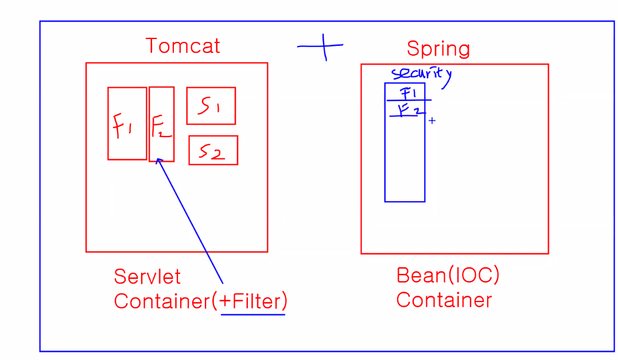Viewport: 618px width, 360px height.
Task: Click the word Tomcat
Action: [x=182, y=46]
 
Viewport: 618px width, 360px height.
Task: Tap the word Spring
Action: [x=438, y=48]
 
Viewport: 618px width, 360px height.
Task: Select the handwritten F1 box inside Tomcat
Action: [x=127, y=123]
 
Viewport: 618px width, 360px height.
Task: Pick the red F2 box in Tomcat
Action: [x=161, y=124]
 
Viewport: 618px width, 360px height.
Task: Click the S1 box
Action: [x=211, y=106]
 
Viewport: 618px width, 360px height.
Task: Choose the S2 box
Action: [x=213, y=150]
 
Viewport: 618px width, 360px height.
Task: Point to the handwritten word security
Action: [x=420, y=73]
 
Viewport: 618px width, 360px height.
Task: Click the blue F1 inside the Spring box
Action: [x=407, y=92]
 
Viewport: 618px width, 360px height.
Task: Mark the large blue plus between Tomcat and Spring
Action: [x=322, y=46]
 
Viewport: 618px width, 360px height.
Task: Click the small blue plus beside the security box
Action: [x=432, y=121]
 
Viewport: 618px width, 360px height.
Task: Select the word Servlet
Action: [x=147, y=277]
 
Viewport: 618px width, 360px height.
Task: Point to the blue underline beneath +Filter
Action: [x=253, y=314]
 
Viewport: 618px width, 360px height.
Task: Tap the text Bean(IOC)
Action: [x=448, y=276]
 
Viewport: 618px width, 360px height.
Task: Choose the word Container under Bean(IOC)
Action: [x=444, y=300]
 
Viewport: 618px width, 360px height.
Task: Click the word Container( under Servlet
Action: [x=164, y=301]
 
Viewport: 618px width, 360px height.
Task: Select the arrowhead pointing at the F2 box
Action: [x=160, y=161]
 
